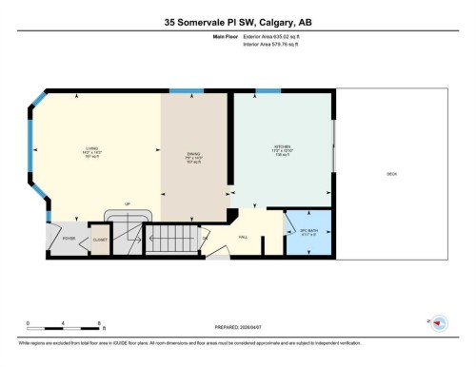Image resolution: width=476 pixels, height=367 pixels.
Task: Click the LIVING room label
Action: click(x=91, y=149)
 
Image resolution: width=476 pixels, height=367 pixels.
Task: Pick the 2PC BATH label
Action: click(x=307, y=229)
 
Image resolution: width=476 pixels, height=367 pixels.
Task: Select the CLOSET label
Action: click(x=99, y=240)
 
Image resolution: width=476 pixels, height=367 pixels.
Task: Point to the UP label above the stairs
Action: click(x=128, y=204)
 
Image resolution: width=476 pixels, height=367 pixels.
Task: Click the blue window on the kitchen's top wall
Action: click(x=268, y=91)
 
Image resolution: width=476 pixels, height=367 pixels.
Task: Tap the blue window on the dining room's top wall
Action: click(x=181, y=91)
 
